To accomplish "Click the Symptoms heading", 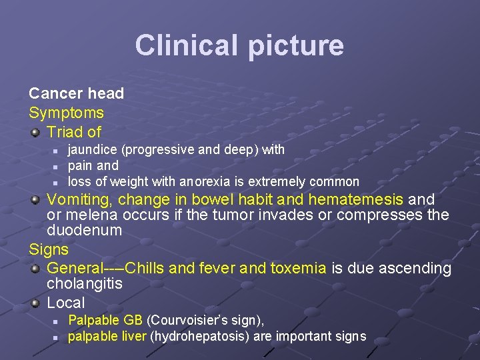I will pos(66,113).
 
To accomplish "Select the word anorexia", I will pos(204,181).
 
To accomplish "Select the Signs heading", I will pos(49,250).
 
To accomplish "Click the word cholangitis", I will pos(85,284).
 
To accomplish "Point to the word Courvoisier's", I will pos(190,321).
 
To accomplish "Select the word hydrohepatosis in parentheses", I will pos(193,336).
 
